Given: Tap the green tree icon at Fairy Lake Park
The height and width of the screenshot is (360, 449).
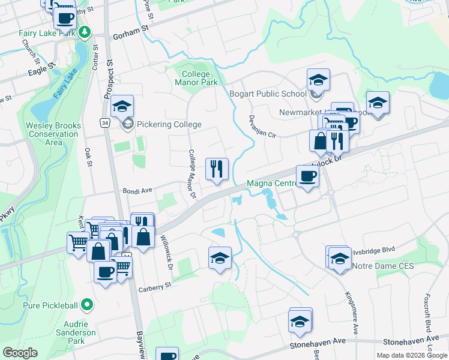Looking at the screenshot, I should (x=85, y=32).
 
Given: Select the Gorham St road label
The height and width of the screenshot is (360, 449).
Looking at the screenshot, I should (x=130, y=31).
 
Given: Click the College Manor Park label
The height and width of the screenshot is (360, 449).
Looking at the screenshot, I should (x=199, y=78).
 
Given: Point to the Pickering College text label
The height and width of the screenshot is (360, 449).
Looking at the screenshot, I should (x=169, y=125).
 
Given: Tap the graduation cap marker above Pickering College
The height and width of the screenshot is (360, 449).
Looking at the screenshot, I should (x=122, y=107).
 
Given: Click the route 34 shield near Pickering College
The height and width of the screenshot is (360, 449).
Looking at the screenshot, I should (x=104, y=122).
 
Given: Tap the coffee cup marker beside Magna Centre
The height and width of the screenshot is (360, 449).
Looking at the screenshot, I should (x=307, y=176).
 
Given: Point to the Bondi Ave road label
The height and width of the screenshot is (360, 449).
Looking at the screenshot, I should (x=138, y=191).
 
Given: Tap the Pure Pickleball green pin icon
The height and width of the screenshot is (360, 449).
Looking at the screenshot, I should (x=87, y=305).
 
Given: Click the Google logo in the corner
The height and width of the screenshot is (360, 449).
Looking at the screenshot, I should (x=20, y=353).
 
